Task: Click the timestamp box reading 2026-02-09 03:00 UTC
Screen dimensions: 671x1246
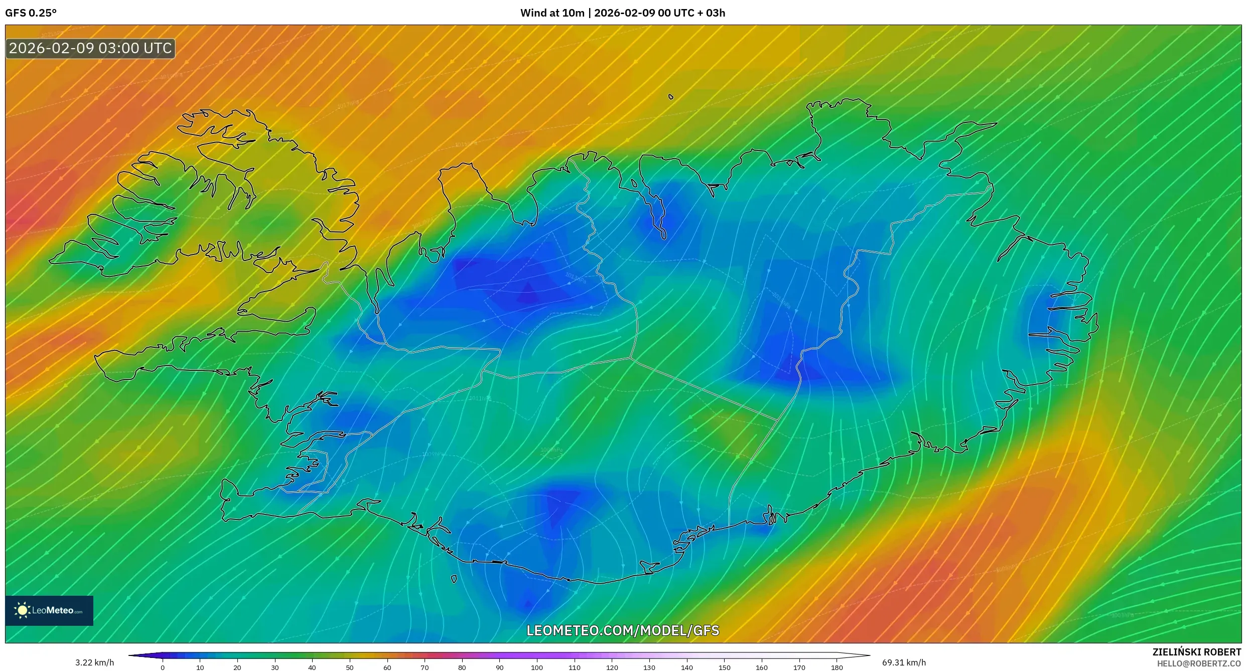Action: [x=90, y=49]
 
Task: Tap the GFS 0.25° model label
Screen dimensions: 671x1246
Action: [x=31, y=13]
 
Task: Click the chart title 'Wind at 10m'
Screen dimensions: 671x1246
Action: [x=552, y=13]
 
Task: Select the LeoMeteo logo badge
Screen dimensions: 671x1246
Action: [x=49, y=610]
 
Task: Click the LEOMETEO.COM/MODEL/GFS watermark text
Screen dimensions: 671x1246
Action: [x=623, y=631]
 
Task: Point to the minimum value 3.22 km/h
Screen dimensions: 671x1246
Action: [x=95, y=662]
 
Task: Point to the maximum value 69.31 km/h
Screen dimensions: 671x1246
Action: [x=904, y=662]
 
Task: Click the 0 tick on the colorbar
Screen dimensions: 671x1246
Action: [x=163, y=667]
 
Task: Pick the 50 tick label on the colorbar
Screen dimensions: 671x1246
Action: [x=350, y=667]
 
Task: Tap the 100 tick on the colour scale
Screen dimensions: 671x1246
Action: [x=537, y=667]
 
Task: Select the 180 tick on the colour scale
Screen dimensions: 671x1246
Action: [x=837, y=667]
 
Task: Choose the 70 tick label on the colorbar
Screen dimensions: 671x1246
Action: [x=425, y=667]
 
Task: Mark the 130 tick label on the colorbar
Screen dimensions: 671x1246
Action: [x=649, y=667]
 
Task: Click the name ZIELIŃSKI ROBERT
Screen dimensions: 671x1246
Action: [x=1197, y=652]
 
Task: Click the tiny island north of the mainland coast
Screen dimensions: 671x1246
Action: [x=671, y=97]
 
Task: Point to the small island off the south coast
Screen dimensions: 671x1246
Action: [x=454, y=579]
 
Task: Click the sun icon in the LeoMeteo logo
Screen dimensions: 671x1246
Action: [x=23, y=610]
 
